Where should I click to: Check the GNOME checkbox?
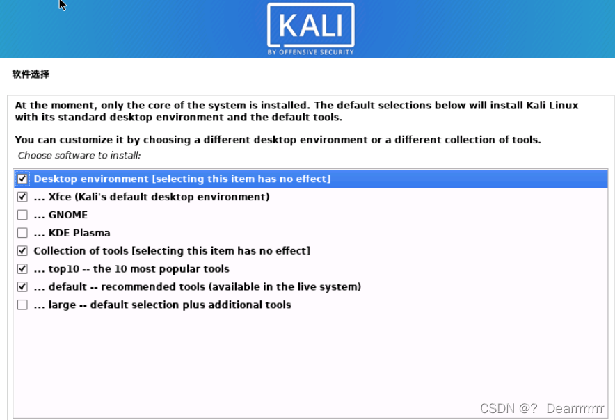click(x=22, y=215)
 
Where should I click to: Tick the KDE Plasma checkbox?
click(x=22, y=233)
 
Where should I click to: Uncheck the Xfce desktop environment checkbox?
click(x=22, y=197)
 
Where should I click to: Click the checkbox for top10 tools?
click(x=22, y=268)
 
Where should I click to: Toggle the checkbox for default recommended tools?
click(x=22, y=286)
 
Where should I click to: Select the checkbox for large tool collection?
click(x=22, y=305)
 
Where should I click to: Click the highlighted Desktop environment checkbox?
click(x=22, y=179)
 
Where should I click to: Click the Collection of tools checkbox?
click(x=22, y=250)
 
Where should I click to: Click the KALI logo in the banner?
click(x=310, y=26)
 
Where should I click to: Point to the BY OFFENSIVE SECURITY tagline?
click(x=310, y=52)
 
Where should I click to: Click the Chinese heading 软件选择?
click(x=31, y=74)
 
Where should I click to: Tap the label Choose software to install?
click(x=79, y=155)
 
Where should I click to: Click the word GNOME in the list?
click(x=68, y=215)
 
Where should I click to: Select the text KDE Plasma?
click(x=79, y=233)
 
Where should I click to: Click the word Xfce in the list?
click(x=60, y=197)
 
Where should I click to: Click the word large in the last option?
click(x=62, y=305)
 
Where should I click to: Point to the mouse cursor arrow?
click(x=63, y=5)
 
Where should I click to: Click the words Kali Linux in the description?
click(x=553, y=106)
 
